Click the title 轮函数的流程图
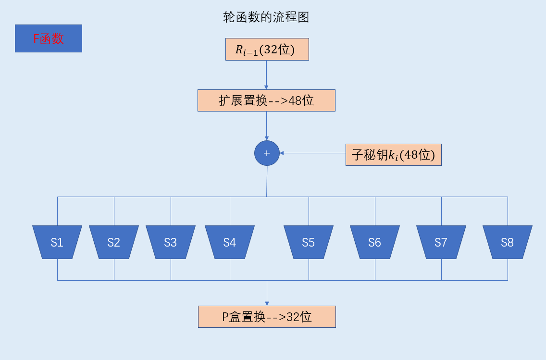click(266, 18)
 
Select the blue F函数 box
click(49, 38)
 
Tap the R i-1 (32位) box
click(267, 50)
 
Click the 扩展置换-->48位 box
click(266, 100)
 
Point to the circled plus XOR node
click(267, 153)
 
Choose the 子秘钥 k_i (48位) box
click(393, 155)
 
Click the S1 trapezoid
click(57, 242)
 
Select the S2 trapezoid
click(114, 242)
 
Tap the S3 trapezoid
click(171, 242)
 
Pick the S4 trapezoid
click(230, 242)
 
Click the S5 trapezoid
click(309, 242)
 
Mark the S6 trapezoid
click(375, 242)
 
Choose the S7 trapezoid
click(441, 242)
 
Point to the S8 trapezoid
click(508, 242)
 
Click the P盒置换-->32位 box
click(267, 317)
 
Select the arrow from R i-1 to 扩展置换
click(266, 74)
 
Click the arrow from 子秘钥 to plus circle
click(312, 153)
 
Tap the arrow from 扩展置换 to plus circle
click(267, 125)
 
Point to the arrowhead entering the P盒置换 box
click(267, 303)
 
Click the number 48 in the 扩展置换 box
click(295, 100)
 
